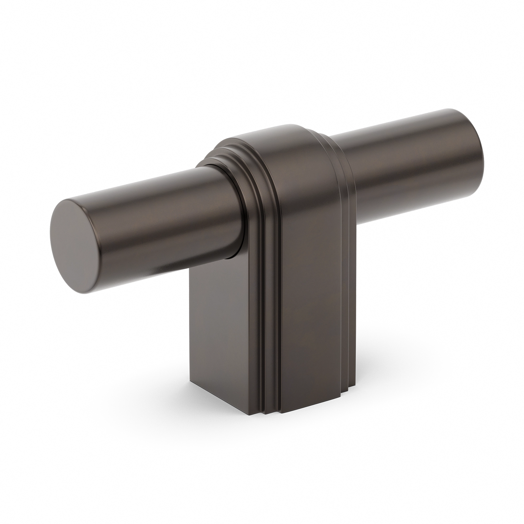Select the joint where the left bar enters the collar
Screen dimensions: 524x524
[233, 211]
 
